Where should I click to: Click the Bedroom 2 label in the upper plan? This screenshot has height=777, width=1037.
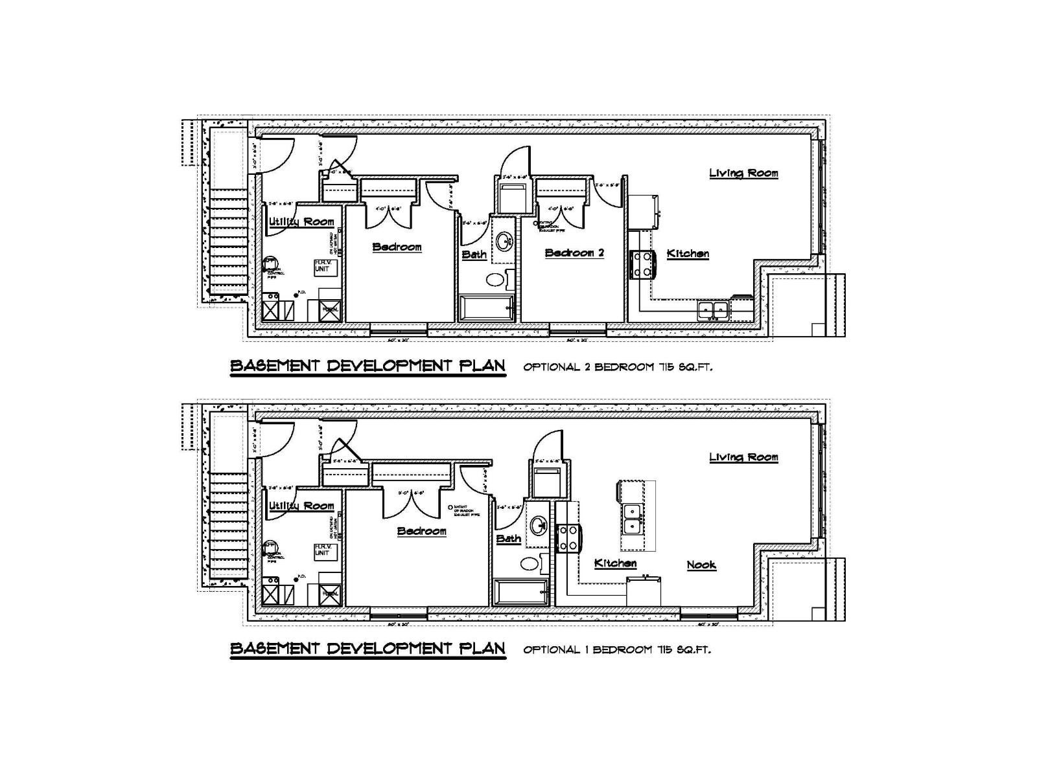click(574, 253)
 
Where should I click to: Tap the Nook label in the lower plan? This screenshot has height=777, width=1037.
click(701, 565)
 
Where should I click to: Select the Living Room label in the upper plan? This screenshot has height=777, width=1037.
click(743, 173)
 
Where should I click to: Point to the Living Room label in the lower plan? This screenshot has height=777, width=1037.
click(743, 457)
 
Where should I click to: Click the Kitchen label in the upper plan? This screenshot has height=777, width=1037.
click(688, 254)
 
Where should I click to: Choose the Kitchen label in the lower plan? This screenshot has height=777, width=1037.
click(615, 563)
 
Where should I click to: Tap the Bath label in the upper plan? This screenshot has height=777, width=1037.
click(474, 254)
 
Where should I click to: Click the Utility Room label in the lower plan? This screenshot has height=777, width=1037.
click(301, 506)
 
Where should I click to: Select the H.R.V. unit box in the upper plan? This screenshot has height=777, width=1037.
click(326, 267)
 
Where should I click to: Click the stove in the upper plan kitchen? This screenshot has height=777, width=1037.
click(642, 264)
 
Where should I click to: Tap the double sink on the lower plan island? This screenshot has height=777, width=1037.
click(631, 518)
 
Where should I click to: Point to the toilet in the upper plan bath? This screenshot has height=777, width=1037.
click(496, 280)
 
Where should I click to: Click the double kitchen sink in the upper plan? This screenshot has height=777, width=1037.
click(713, 311)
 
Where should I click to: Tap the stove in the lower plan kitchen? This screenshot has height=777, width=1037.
click(568, 539)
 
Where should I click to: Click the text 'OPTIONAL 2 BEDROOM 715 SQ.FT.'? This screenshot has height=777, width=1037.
click(618, 367)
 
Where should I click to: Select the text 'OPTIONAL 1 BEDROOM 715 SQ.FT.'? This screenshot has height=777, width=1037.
click(616, 650)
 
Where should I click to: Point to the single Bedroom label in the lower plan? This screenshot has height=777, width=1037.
click(421, 531)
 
